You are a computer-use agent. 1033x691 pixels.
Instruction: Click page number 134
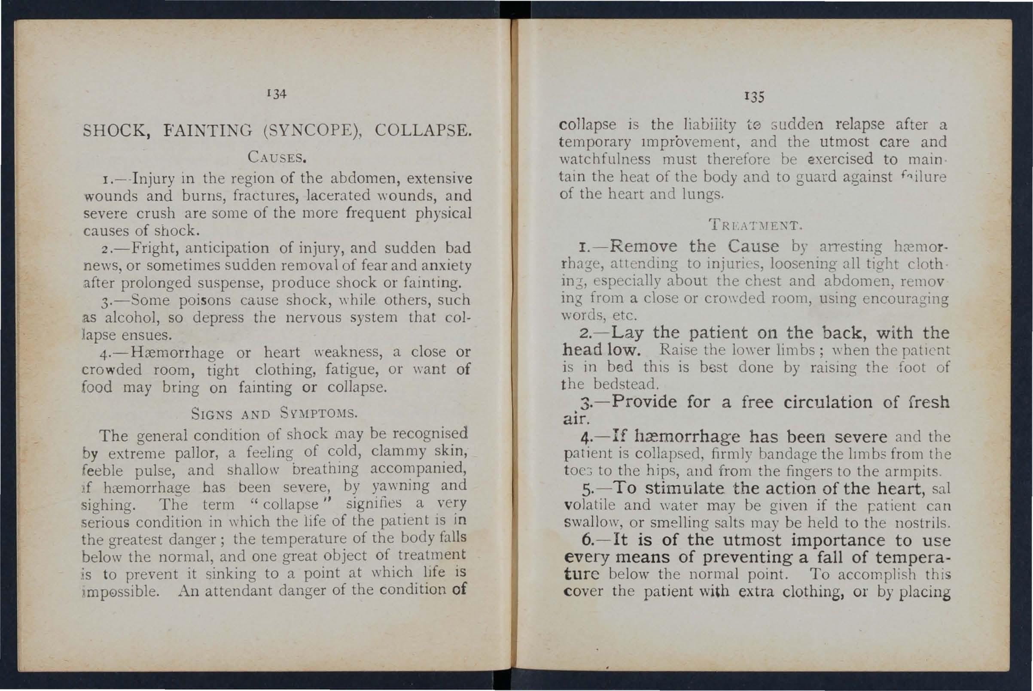277,94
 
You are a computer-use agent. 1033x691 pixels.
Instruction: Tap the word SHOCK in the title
116,131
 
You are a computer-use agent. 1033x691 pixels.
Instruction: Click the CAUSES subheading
277,157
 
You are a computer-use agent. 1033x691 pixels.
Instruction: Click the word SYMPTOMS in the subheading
318,414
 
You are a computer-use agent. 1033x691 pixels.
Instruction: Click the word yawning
400,486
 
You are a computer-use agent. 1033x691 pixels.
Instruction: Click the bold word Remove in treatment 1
645,245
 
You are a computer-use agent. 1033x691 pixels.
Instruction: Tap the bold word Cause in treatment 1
753,245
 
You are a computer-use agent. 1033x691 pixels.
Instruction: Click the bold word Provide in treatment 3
644,402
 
